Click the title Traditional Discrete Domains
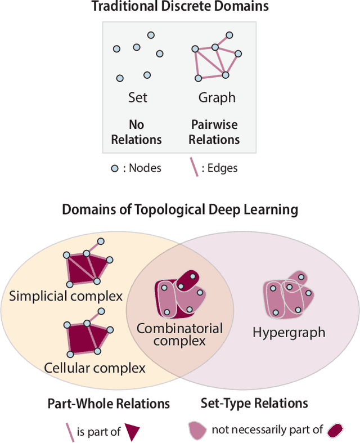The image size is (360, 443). tap(180, 7)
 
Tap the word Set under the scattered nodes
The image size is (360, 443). tap(137, 97)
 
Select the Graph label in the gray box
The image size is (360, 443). tap(217, 97)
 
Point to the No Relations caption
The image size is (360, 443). tap(137, 132)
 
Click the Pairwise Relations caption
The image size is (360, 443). tap(214, 132)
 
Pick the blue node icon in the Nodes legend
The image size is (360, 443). tap(114, 168)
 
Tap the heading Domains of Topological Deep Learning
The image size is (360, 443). tap(180, 210)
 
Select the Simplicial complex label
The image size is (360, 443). tap(66, 296)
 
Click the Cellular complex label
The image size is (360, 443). tap(94, 368)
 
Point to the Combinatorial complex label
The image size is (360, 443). tap(180, 334)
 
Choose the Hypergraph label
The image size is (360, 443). tap(289, 332)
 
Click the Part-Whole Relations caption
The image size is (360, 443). tap(109, 403)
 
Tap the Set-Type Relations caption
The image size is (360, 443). tap(254, 403)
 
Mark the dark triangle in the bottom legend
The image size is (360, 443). tap(133, 432)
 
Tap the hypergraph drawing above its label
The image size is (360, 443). tap(287, 296)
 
